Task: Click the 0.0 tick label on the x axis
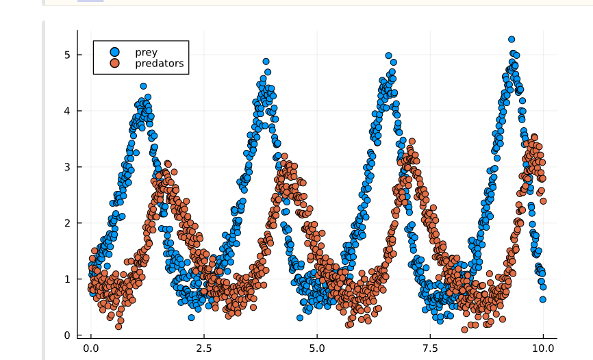(90, 348)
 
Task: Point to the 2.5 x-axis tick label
(203, 348)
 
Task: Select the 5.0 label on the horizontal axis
(316, 348)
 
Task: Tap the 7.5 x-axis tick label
(430, 348)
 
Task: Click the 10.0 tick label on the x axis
(543, 348)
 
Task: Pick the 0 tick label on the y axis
(68, 335)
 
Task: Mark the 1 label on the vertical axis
(68, 279)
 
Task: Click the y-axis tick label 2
(68, 222)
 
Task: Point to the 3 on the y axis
(68, 166)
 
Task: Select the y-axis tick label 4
(68, 110)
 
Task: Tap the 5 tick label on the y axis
(68, 54)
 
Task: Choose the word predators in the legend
(160, 64)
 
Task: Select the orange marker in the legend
(114, 64)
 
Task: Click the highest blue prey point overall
(512, 40)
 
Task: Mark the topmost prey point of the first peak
(143, 86)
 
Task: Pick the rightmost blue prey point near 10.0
(542, 299)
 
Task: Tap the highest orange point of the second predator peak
(284, 157)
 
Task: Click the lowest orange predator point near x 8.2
(465, 329)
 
